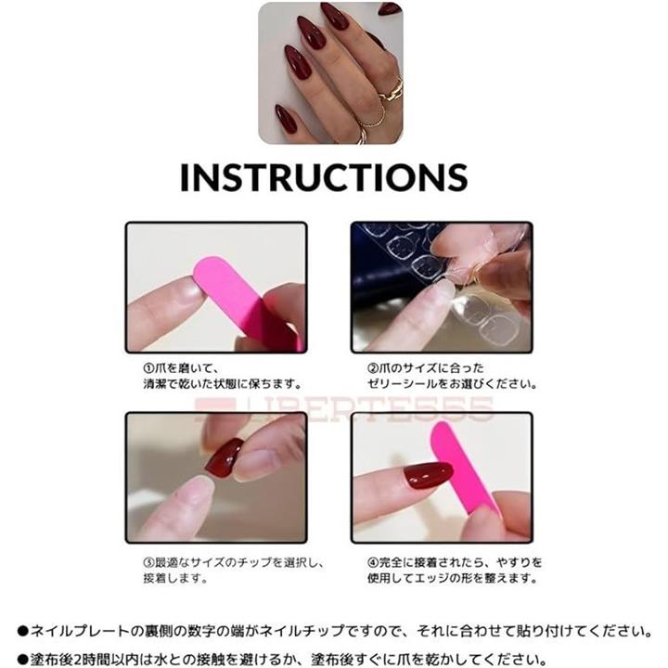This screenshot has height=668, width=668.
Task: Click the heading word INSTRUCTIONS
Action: [x=324, y=176]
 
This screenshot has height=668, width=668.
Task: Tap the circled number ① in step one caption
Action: [x=148, y=367]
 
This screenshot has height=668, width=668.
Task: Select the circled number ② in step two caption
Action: [x=373, y=367]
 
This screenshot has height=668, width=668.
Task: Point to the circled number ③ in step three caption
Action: [x=148, y=562]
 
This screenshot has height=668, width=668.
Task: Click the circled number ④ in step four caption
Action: [x=373, y=562]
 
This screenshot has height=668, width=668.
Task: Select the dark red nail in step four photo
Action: [x=428, y=475]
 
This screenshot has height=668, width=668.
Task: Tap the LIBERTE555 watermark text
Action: [x=344, y=409]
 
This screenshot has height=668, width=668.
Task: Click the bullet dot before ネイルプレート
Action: [x=22, y=631]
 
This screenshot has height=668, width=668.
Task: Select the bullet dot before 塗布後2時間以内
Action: [x=22, y=660]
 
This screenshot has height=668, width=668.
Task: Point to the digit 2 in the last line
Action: [x=78, y=660]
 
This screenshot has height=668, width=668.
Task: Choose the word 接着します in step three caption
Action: [x=175, y=579]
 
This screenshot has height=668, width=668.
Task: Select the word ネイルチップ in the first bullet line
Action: [x=302, y=631]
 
